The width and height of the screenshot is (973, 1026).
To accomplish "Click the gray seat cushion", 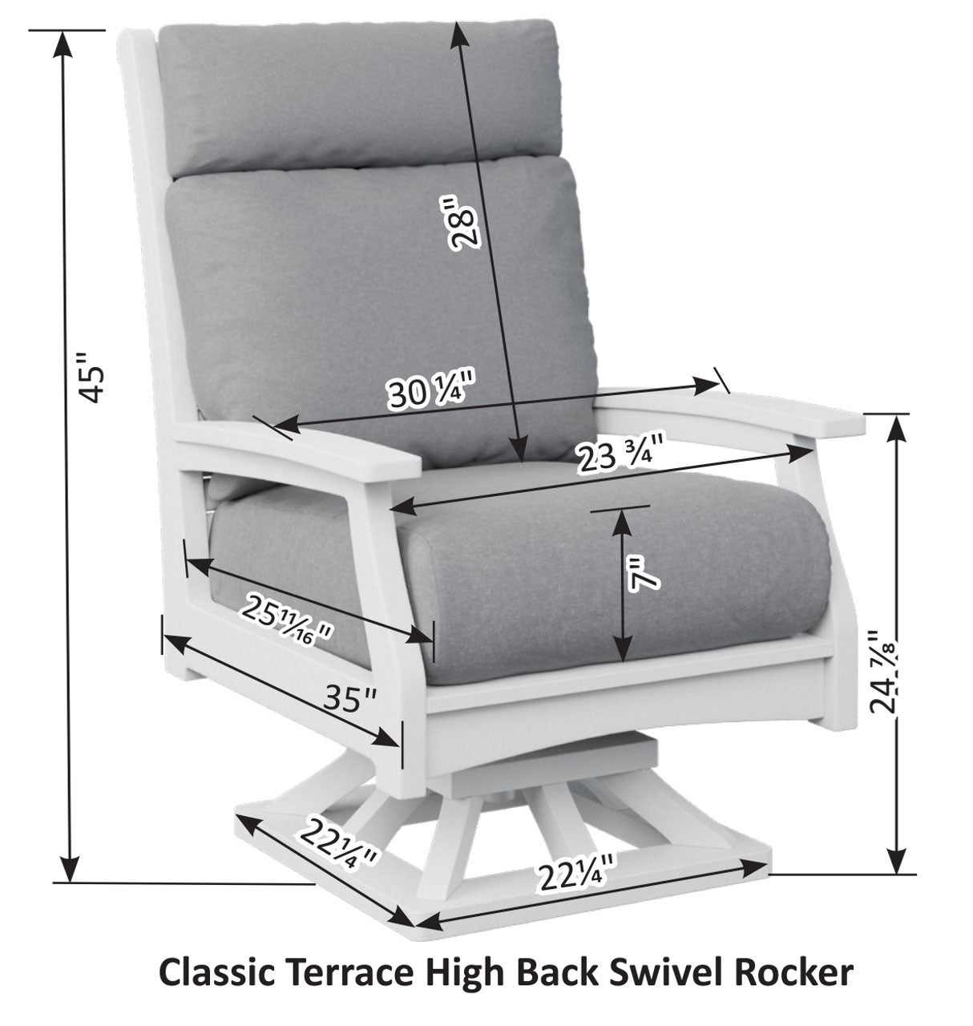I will click(521, 577).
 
